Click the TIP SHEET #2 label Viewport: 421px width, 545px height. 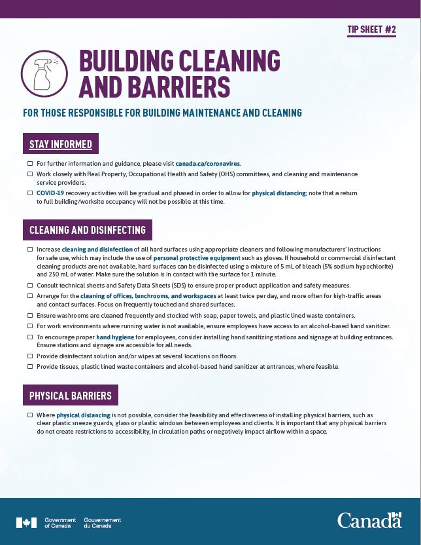[373, 29]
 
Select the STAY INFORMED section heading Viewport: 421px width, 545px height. [61, 144]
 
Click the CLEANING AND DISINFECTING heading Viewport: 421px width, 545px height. [88, 231]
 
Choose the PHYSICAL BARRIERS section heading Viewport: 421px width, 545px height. [71, 396]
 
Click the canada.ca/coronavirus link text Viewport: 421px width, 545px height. [208, 163]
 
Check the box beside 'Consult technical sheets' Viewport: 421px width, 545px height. [30, 286]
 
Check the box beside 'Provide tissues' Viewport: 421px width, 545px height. [30, 366]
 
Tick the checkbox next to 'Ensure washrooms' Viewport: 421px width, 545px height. [30, 316]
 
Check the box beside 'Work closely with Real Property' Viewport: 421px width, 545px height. [30, 174]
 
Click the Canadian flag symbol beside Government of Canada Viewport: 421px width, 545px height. [27, 522]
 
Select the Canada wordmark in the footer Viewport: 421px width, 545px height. [369, 521]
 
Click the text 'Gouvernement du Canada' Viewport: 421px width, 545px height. [103, 523]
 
